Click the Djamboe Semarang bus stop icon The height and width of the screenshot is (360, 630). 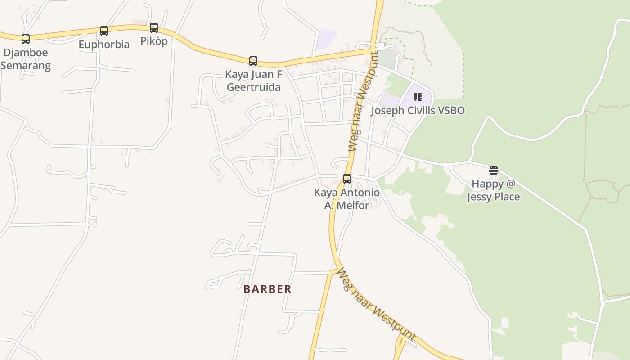click(x=26, y=39)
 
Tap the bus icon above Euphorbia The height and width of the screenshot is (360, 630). click(x=104, y=31)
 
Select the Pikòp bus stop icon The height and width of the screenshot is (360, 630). click(x=154, y=28)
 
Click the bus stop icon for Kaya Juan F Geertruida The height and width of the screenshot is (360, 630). click(x=253, y=61)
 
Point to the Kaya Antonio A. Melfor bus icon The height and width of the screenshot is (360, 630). click(x=347, y=179)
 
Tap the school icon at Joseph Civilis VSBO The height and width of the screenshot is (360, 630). click(x=418, y=97)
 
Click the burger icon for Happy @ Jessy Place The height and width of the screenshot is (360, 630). click(x=494, y=171)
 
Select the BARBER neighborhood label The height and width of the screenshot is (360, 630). click(x=267, y=289)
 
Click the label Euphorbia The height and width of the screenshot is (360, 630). click(x=104, y=45)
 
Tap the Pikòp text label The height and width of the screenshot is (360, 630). click(x=154, y=41)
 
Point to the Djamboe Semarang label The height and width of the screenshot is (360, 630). click(x=26, y=59)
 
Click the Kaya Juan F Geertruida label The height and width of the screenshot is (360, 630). click(x=253, y=81)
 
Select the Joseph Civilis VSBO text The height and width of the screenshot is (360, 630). click(x=418, y=111)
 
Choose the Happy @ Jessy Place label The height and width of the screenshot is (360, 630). click(x=493, y=190)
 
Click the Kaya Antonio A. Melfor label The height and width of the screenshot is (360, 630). click(x=347, y=199)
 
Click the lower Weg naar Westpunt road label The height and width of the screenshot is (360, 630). click(x=376, y=304)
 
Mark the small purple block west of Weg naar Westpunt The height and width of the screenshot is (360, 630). click(x=326, y=39)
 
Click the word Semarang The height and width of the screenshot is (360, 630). click(x=26, y=66)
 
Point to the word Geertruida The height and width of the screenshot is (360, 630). click(x=253, y=87)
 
